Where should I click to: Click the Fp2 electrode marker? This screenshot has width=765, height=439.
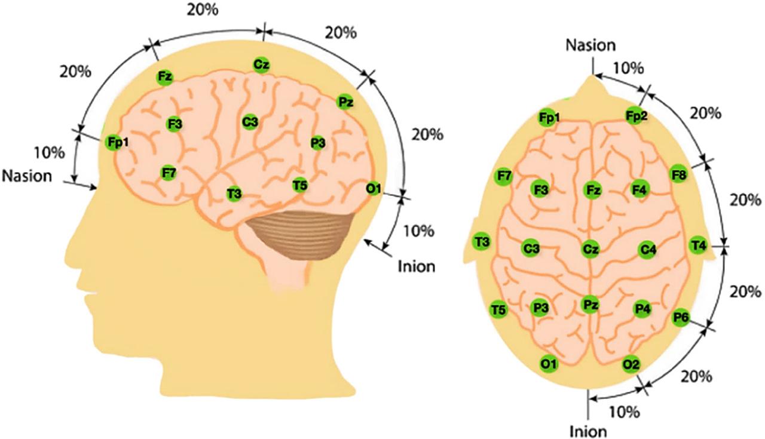(x=636, y=115)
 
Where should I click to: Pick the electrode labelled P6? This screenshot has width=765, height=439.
(x=680, y=317)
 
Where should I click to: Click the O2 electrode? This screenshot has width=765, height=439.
(x=631, y=363)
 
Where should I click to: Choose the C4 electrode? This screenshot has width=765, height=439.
(x=646, y=248)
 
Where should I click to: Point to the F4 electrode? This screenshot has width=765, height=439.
(x=639, y=190)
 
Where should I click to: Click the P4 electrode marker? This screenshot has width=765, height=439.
(x=642, y=308)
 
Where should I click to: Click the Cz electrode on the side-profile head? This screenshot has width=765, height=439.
(x=261, y=64)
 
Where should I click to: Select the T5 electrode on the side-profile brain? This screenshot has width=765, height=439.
(x=300, y=185)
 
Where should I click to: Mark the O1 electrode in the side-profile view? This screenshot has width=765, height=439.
(x=374, y=189)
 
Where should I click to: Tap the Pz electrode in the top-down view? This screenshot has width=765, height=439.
(x=590, y=305)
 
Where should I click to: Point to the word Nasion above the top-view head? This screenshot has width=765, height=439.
(x=590, y=45)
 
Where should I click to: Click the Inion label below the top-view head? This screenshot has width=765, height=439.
(x=588, y=429)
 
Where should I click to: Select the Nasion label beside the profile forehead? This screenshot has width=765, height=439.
(x=32, y=176)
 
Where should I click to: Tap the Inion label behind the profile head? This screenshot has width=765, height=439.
(x=417, y=266)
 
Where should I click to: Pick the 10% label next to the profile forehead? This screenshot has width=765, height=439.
(x=50, y=152)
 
